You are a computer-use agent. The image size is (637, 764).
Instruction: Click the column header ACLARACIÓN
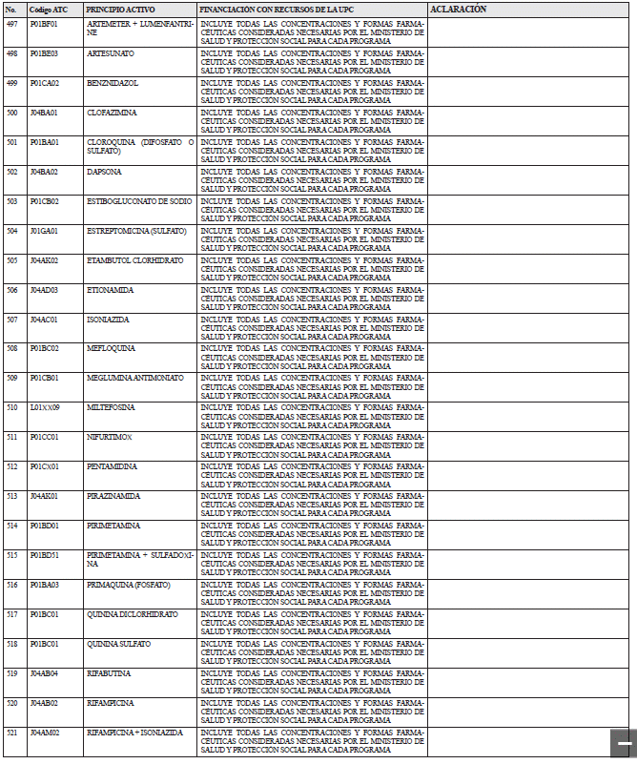pos(459,9)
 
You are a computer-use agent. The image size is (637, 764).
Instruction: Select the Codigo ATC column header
pos(48,9)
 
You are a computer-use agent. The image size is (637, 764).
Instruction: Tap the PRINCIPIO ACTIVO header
pos(120,9)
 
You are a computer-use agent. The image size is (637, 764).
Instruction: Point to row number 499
pos(11,83)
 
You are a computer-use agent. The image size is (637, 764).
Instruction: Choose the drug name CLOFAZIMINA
pos(112,113)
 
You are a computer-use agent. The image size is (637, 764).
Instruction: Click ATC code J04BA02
pos(44,172)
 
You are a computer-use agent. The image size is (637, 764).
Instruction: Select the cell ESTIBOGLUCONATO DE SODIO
pos(139,201)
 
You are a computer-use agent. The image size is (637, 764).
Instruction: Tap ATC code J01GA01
pos(44,231)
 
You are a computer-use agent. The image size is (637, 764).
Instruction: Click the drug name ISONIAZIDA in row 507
pos(108,320)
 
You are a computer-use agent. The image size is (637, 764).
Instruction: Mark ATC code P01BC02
pos(44,348)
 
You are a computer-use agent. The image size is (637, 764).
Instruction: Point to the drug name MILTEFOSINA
pos(111,407)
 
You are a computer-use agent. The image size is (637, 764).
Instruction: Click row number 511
pos(11,437)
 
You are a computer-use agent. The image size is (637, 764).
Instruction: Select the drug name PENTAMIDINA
pos(112,466)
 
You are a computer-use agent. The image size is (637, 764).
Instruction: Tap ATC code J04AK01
pos(44,496)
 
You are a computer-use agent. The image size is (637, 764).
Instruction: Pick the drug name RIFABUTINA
pos(109,673)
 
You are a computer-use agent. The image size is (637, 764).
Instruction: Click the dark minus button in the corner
pos(623,743)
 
